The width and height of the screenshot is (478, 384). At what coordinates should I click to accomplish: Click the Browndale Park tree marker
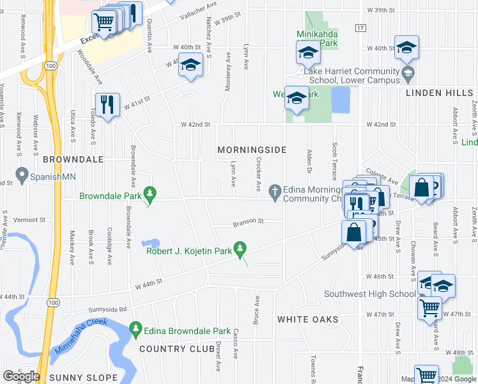(x=150, y=193)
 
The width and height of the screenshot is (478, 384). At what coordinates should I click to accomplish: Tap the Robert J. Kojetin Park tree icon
(x=240, y=248)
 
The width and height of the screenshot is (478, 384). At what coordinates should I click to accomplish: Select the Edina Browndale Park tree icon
(x=135, y=330)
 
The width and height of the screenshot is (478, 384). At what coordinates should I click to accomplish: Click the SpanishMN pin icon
(x=22, y=173)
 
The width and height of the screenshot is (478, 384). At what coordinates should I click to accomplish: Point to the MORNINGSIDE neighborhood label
(x=251, y=149)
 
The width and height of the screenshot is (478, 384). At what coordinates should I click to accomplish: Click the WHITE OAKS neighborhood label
(x=303, y=318)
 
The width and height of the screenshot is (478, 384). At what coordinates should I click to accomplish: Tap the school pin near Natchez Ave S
(x=190, y=65)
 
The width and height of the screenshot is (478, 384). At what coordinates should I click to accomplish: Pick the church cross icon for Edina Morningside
(x=275, y=190)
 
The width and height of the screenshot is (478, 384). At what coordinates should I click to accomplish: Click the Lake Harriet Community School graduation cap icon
(x=407, y=76)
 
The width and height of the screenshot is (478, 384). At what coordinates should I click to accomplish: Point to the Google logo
(x=21, y=376)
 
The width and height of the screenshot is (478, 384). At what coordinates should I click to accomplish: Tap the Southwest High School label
(x=369, y=294)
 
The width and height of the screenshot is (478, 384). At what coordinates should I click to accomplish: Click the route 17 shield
(x=361, y=28)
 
